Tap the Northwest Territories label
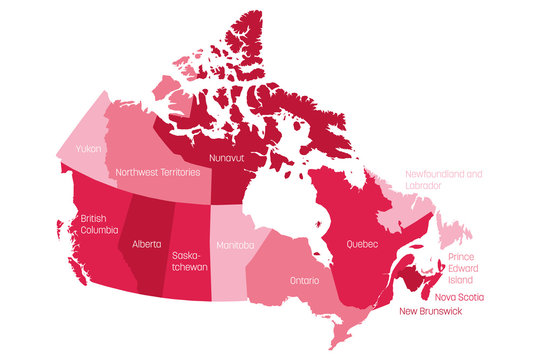(x=158, y=172)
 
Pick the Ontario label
(x=305, y=281)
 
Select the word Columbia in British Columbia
(x=97, y=231)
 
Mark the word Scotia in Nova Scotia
(x=470, y=297)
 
